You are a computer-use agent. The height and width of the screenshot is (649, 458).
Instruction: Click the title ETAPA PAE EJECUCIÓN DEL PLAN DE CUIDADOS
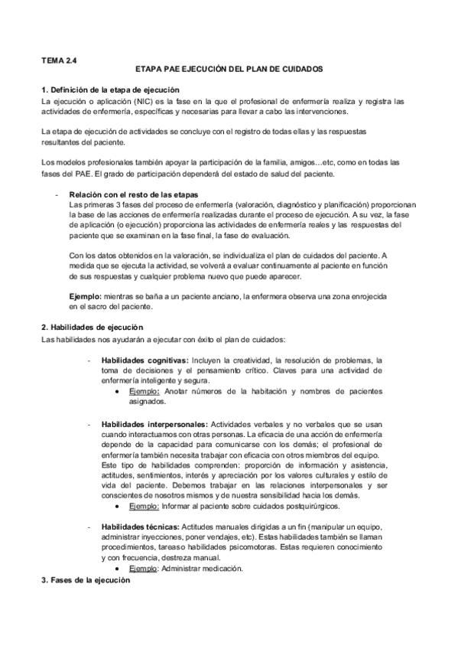click(229, 69)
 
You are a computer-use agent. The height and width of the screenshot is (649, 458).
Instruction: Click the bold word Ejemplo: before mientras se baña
click(85, 296)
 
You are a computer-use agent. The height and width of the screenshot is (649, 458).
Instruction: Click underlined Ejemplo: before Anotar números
click(144, 392)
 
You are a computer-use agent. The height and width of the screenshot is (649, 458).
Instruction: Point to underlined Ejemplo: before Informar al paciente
click(144, 507)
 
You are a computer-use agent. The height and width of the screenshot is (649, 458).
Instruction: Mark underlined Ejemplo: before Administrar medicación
click(144, 569)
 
